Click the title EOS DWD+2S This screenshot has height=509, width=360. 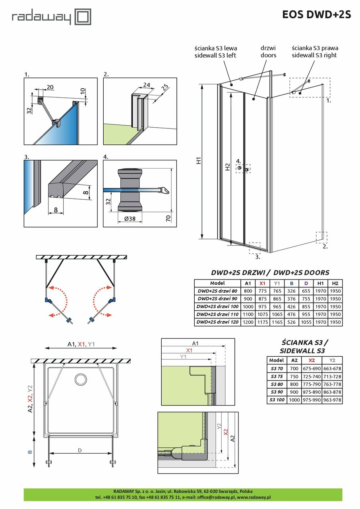pos(316,15)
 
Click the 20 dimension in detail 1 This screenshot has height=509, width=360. pos(50,87)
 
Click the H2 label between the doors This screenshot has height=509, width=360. pos(227,167)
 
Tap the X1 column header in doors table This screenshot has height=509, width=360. pos(262,283)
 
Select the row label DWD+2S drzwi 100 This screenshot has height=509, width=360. pos(217,307)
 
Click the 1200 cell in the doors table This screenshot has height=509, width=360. pos(248,322)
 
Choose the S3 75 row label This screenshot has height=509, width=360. pos(277,376)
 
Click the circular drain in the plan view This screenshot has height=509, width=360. pos(81,379)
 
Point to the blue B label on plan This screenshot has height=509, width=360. pos(29,452)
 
